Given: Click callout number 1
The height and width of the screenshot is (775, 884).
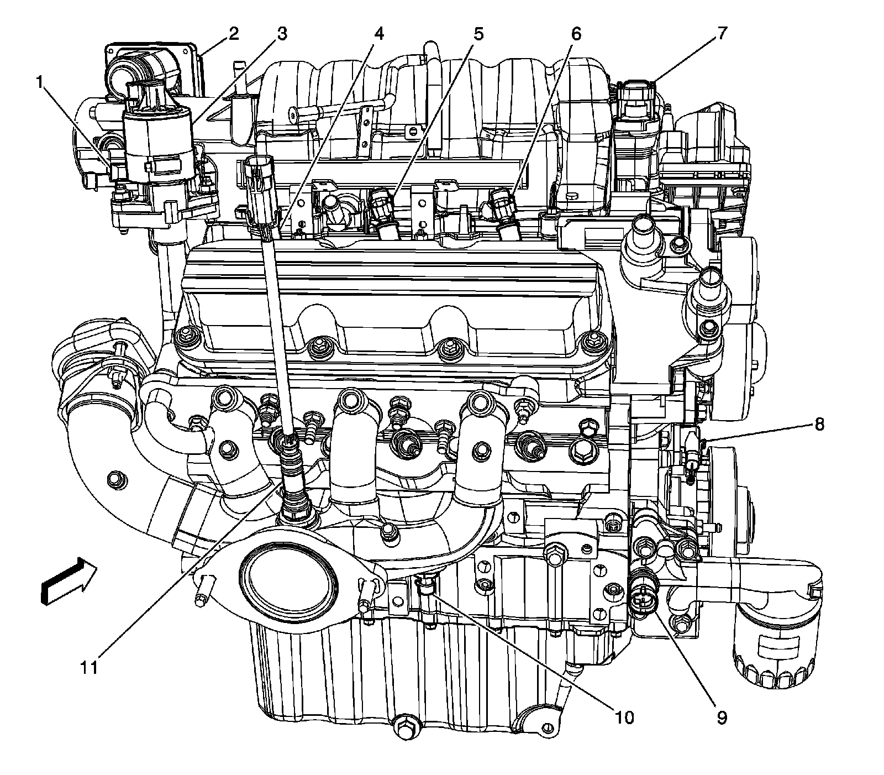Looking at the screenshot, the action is click(39, 83).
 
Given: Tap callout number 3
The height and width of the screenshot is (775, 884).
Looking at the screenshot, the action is click(282, 34).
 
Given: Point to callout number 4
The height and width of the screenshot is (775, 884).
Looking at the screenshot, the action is click(378, 34).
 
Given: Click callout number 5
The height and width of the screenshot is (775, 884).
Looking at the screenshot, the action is click(478, 34).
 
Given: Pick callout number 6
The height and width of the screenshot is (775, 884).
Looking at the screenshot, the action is click(575, 34).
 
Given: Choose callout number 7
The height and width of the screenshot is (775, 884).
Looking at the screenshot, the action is click(722, 34).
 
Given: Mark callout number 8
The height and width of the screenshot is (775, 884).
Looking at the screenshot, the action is click(819, 424).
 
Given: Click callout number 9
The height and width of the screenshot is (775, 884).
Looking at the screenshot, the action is click(722, 718).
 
